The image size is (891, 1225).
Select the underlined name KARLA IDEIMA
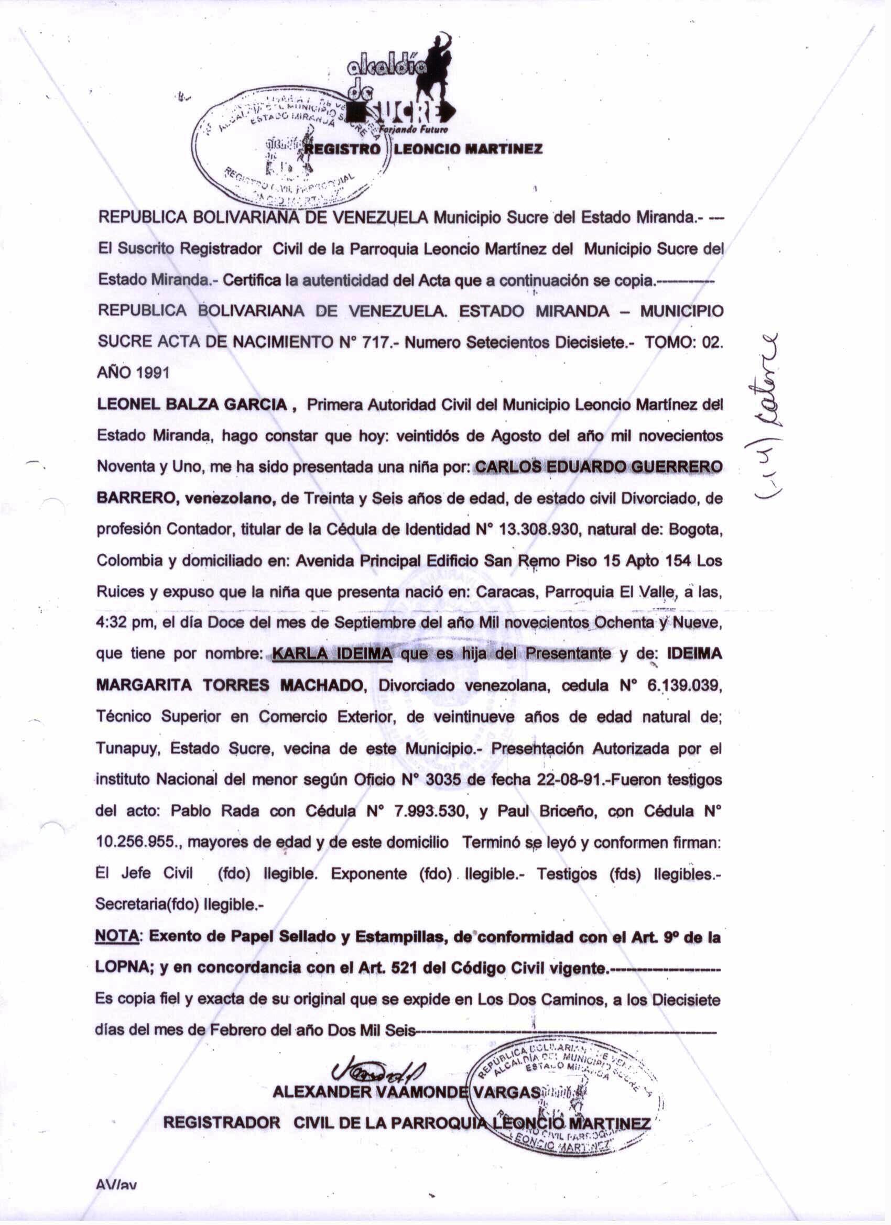tap(332, 654)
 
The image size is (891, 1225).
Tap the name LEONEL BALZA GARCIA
tap(192, 405)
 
